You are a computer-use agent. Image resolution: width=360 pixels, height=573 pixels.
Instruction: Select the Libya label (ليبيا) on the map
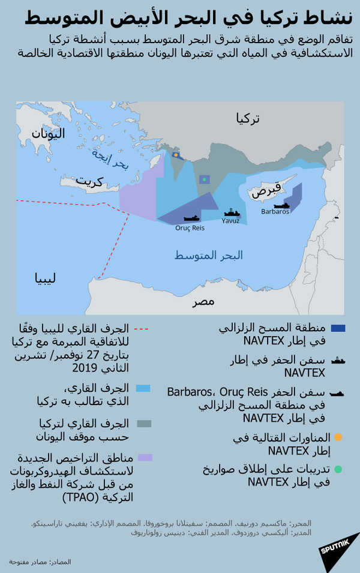point(46,278)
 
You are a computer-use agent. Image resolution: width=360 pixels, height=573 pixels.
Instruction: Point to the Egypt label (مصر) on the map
point(203,301)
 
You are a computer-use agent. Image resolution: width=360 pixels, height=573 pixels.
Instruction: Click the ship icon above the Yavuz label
point(231,212)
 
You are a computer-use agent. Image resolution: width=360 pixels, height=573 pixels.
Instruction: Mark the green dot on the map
point(204,179)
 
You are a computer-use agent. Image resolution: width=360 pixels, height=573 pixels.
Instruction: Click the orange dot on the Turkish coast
point(176,155)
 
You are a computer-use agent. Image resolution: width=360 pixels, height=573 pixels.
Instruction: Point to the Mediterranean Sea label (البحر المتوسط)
point(209,256)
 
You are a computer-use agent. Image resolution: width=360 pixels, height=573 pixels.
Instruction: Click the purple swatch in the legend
point(145,458)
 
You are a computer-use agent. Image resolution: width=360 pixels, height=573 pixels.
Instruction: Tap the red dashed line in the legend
point(142,329)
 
